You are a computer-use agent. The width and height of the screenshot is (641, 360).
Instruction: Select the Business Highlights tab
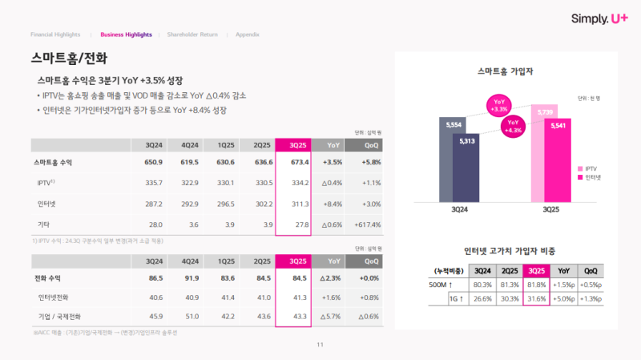click(x=126, y=34)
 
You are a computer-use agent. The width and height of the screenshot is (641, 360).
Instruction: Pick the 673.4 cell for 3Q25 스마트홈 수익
click(x=292, y=163)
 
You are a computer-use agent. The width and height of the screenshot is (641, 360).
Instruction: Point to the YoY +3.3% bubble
click(x=500, y=105)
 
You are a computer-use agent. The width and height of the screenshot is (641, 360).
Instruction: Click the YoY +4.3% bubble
click(x=514, y=127)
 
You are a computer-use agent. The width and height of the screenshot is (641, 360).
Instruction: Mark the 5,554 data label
click(x=454, y=124)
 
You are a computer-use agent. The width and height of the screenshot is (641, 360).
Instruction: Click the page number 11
click(x=320, y=345)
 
